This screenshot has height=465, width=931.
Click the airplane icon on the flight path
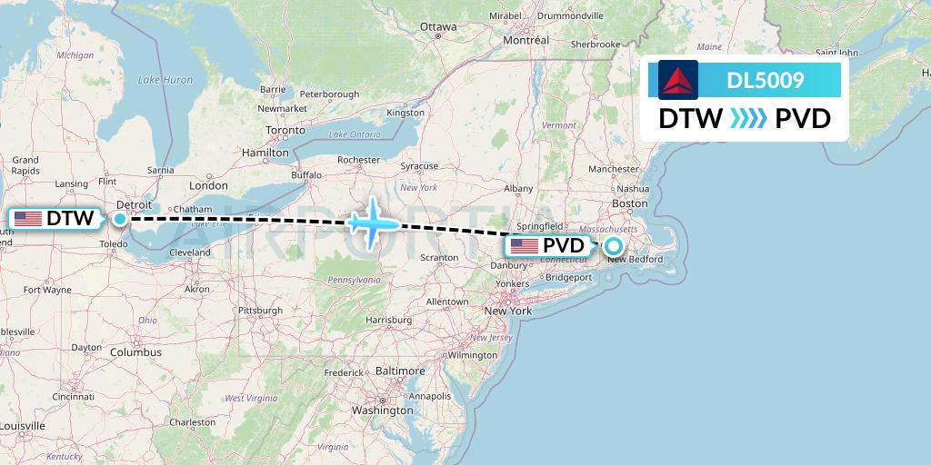(x=372, y=223)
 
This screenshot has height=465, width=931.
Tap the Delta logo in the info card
(x=678, y=80)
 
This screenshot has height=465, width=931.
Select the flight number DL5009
(x=765, y=80)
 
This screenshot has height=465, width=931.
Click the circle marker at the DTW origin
(x=120, y=219)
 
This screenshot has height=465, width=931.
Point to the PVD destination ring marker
(x=614, y=246)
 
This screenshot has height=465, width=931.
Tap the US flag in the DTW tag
(x=28, y=219)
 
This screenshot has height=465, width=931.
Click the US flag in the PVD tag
(x=525, y=246)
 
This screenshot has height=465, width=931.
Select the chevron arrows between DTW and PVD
(x=749, y=119)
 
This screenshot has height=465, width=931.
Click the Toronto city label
(x=285, y=131)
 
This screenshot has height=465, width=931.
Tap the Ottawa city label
(x=437, y=27)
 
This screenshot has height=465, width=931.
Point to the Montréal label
(x=526, y=40)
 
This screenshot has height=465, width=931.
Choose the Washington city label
(x=383, y=411)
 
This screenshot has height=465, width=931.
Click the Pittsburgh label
(x=259, y=311)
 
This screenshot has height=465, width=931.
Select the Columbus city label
(x=135, y=351)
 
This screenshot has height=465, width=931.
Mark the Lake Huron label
(x=165, y=80)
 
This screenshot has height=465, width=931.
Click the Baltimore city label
(x=400, y=371)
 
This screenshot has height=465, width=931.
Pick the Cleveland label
(x=190, y=252)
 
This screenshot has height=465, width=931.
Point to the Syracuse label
(x=419, y=166)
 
